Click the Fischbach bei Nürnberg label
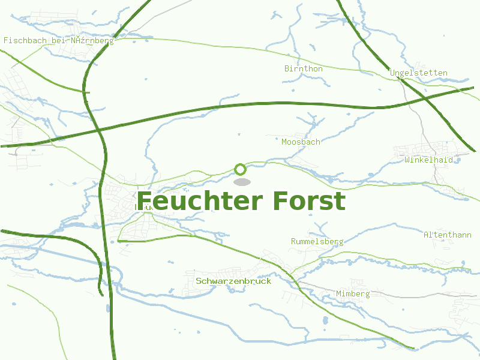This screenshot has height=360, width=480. (58, 41)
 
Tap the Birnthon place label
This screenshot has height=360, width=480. (303, 69)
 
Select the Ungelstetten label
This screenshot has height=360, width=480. (418, 73)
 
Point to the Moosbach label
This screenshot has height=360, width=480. (301, 142)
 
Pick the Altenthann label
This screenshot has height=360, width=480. (447, 235)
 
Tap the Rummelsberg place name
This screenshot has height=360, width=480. (317, 242)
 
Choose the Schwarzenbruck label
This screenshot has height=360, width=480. (233, 281)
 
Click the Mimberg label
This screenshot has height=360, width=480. (352, 294)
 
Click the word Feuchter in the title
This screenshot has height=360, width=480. (200, 202)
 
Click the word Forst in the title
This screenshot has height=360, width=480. (308, 202)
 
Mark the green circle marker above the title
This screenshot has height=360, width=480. (240, 169)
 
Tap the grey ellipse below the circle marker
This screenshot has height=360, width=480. (241, 182)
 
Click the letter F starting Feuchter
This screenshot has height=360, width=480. (144, 202)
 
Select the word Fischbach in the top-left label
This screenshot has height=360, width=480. (23, 41)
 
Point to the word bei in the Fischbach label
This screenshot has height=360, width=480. (56, 41)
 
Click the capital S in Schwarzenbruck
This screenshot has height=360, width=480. (199, 281)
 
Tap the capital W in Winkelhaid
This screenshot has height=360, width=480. (407, 160)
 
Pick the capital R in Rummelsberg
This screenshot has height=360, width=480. (293, 242)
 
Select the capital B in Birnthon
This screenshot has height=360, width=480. (287, 69)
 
